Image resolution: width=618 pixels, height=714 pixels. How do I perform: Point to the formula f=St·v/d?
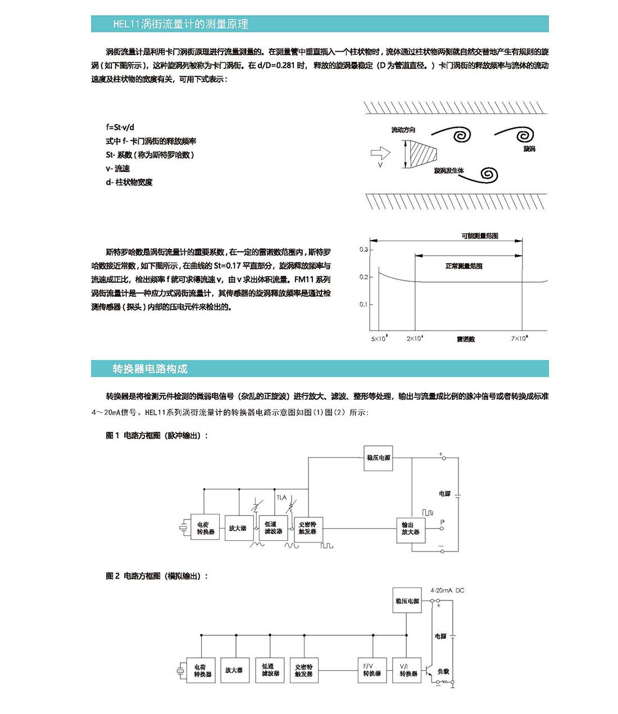120,128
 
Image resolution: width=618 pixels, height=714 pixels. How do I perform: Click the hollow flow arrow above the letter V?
380,152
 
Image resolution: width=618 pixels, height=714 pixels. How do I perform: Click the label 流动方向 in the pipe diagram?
403,130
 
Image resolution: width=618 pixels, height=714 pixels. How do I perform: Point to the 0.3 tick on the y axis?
363,250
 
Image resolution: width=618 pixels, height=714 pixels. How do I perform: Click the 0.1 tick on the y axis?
363,304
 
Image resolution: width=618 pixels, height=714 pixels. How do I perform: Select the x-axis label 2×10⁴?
415,338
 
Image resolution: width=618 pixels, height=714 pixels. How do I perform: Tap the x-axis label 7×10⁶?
519,338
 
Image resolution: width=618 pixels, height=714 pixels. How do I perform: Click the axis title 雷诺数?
466,339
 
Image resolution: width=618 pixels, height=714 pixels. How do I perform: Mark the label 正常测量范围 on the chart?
463,266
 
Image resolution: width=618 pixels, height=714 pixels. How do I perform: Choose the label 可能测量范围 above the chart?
480,236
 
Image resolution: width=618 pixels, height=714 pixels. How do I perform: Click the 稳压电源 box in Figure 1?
378,458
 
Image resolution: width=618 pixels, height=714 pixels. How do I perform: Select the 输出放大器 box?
410,528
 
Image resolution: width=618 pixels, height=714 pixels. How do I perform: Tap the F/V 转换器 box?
371,670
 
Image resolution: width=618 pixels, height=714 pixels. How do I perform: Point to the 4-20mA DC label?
447,590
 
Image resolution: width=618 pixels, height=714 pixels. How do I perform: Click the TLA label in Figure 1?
281,497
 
